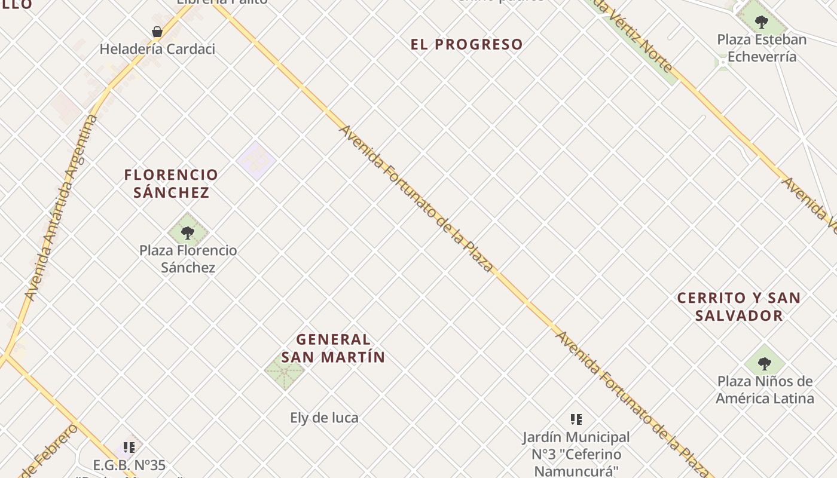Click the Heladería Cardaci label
(157, 49)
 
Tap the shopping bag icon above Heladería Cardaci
(157, 32)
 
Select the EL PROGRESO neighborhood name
(467, 44)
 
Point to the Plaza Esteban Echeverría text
(762, 48)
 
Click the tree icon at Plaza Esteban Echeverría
(761, 23)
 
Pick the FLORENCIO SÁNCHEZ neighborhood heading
(172, 183)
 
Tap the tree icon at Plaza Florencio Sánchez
(188, 232)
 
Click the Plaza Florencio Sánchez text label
(188, 259)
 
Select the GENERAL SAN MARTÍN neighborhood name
(333, 348)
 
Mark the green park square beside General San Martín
(285, 370)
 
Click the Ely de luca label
(324, 418)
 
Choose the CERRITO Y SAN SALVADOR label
(739, 307)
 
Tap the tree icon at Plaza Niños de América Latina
(764, 363)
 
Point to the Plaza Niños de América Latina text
(765, 390)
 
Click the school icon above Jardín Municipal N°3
(576, 419)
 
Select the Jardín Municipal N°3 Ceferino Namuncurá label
(576, 454)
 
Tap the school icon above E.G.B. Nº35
(129, 447)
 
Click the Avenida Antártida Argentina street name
(62, 206)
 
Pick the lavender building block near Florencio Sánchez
(256, 161)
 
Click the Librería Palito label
(222, 2)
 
